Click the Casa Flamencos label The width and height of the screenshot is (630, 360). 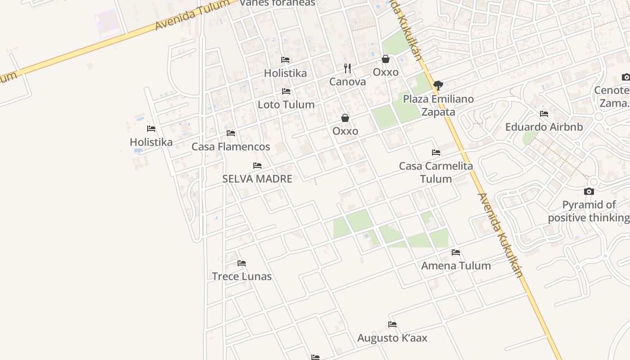click(231, 147)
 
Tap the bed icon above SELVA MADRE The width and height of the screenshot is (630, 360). click(257, 166)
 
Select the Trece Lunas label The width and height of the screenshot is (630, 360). click(242, 276)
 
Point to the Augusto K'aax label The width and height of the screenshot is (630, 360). click(392, 338)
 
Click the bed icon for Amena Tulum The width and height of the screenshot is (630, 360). click(456, 252)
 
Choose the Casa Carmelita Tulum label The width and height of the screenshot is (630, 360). click(436, 172)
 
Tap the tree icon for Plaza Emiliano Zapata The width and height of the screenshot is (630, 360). click(438, 85)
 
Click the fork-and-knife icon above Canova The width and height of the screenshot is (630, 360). click(347, 68)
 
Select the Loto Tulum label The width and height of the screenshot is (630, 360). click(286, 105)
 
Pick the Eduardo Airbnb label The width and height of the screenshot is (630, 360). click(544, 127)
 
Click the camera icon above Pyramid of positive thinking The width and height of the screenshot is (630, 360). click(589, 192)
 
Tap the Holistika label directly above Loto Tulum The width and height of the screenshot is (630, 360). click(285, 73)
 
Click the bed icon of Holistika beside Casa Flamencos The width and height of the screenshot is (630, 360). click(151, 129)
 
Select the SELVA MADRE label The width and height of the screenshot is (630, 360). click(257, 179)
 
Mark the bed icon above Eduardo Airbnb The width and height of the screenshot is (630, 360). click(544, 114)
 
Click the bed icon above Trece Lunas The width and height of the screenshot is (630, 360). click(242, 263)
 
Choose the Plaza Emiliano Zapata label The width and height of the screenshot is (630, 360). click(438, 105)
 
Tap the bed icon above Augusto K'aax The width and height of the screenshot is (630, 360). click(392, 324)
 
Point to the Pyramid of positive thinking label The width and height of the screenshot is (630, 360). click(589, 211)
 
